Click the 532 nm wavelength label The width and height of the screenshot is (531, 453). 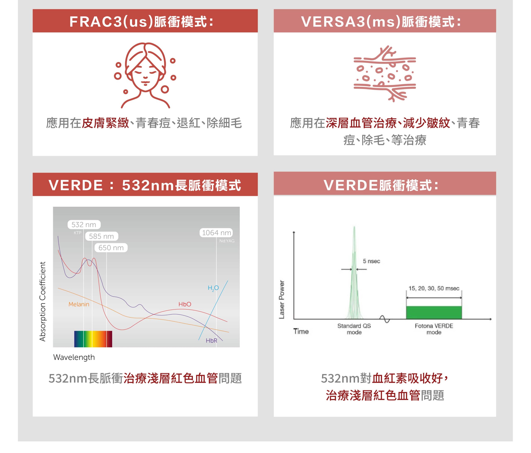84,225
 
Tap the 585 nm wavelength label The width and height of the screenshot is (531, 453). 101,236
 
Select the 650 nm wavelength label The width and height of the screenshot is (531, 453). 111,248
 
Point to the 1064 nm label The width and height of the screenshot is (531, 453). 216,233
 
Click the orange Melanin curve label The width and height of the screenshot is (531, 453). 79,304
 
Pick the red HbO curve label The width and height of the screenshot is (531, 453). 185,304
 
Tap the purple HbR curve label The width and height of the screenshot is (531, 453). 211,340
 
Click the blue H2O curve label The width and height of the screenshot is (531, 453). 213,288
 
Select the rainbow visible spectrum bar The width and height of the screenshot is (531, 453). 93,339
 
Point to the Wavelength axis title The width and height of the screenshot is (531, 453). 74,357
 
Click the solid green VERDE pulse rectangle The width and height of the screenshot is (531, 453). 434,313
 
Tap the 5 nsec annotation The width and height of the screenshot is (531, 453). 371,261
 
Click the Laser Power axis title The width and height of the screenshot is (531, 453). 282,300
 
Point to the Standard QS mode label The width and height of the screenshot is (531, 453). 354,329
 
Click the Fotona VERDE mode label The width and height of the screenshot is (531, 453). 434,329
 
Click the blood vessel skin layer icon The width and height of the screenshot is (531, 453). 385,74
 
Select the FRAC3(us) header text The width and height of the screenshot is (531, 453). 111,21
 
